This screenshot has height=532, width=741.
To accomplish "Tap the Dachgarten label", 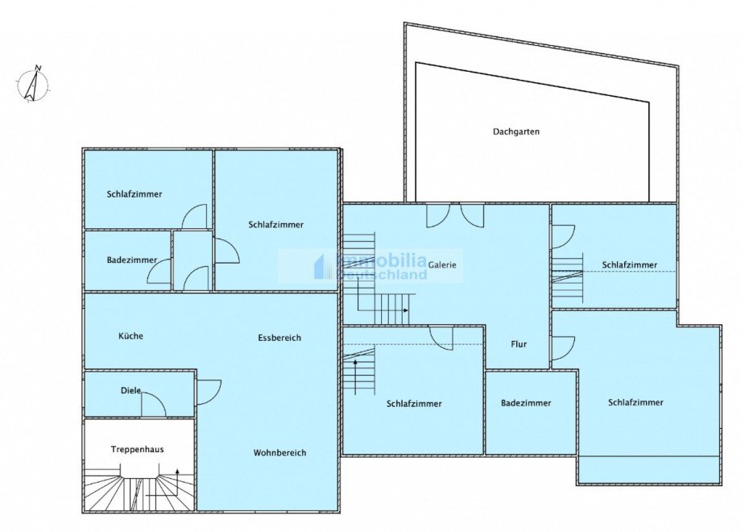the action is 516,131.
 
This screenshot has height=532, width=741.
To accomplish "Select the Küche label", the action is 130,336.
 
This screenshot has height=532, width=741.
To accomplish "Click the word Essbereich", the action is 279,338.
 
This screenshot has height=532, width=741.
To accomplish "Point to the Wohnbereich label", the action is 279,452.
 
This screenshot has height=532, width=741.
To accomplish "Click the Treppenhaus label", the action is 137,449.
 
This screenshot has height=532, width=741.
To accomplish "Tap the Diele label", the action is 131,391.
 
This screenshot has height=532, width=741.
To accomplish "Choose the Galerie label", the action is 442,265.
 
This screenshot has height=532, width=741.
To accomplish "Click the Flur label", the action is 519,344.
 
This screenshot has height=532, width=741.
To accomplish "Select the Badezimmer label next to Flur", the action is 526,403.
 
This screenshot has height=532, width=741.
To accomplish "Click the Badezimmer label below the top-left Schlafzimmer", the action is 132,260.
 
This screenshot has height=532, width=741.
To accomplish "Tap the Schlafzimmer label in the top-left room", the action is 135,194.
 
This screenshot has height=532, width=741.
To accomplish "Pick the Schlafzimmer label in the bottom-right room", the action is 635,402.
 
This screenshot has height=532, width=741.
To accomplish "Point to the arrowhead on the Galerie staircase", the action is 406,310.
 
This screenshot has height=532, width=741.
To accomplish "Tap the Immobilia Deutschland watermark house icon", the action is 324,266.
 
